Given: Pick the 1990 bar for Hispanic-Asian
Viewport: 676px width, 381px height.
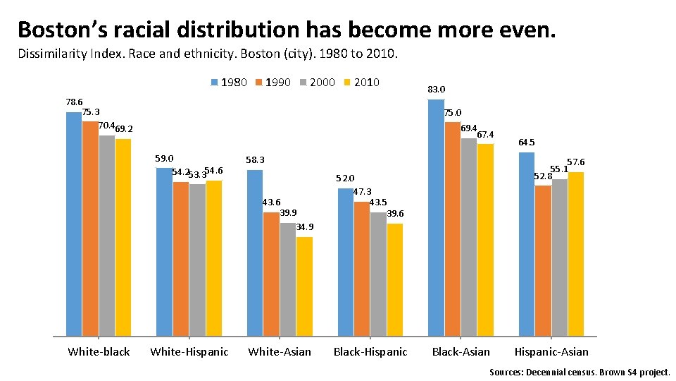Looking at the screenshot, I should (543, 260).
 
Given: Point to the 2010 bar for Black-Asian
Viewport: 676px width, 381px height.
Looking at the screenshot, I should (485, 239).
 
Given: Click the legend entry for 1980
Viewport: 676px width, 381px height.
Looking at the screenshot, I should (229, 83).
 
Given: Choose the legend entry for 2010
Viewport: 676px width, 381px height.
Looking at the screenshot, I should (361, 83).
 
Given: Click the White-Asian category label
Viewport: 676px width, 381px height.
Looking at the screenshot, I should (280, 351).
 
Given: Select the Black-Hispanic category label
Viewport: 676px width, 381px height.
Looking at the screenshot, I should (370, 351).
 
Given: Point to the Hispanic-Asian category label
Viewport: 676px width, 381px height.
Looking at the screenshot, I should (551, 351).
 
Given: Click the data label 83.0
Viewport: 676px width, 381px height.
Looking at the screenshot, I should (437, 90).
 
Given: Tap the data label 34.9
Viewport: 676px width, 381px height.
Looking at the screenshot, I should (305, 227).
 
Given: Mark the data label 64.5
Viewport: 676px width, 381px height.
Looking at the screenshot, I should (527, 143).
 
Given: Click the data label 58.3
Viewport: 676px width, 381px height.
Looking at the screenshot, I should (255, 160).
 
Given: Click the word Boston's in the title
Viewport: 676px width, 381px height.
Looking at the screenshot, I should (65, 30).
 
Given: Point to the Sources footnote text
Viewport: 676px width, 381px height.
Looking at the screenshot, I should (580, 371).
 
